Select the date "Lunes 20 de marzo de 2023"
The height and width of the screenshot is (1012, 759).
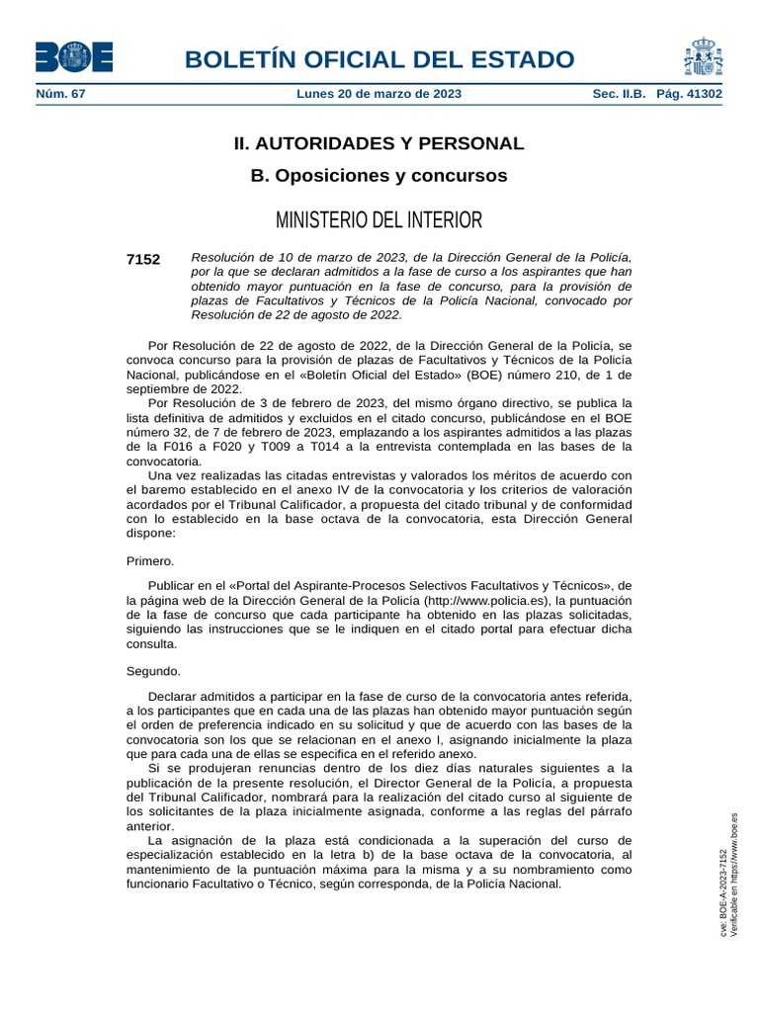pyautogui.click(x=379, y=94)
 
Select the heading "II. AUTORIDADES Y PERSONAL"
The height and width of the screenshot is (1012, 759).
pyautogui.click(x=379, y=143)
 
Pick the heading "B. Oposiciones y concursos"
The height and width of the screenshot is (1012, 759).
pyautogui.click(x=379, y=176)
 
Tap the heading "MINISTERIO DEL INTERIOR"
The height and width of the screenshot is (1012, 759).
pyautogui.click(x=379, y=219)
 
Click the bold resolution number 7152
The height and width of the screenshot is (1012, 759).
pyautogui.click(x=143, y=259)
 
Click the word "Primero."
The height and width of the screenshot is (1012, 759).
pyautogui.click(x=150, y=560)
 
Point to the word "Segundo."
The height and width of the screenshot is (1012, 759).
pyautogui.click(x=154, y=671)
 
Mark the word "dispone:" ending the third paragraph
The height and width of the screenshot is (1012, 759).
pyautogui.click(x=151, y=532)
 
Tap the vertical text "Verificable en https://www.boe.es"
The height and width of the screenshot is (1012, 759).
pyautogui.click(x=734, y=874)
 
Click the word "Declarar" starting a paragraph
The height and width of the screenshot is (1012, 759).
pyautogui.click(x=173, y=696)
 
